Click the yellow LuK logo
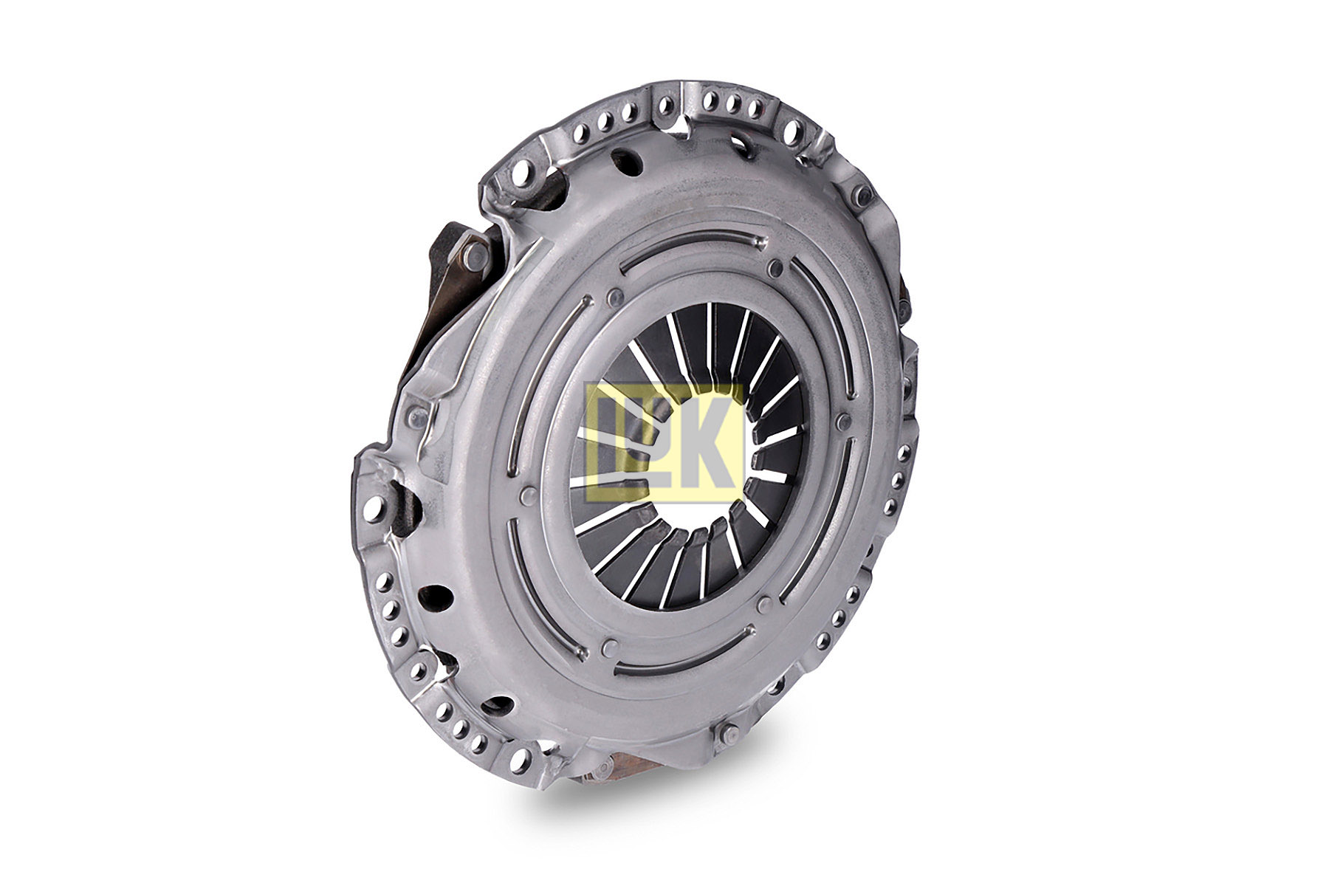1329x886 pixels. click(663, 442)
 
